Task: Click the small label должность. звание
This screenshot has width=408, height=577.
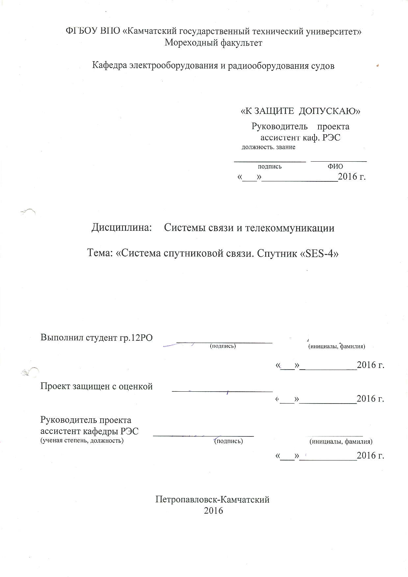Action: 268,147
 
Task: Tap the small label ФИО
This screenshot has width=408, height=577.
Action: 335,167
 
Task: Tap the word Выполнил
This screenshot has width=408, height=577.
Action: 61,337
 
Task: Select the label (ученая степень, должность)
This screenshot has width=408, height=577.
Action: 82,441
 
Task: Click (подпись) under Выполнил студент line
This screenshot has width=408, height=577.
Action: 223,346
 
